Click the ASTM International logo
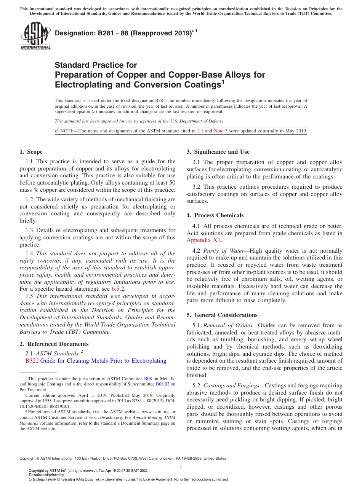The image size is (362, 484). tap(35, 37)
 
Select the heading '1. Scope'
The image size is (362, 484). tap(31, 152)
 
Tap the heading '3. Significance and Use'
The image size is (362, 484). tap(218, 152)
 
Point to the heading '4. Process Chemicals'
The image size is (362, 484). tap(215, 215)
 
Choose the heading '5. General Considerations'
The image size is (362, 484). tap(222, 315)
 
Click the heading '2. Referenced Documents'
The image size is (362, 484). tap(48, 344)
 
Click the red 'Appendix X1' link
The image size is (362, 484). tap(204, 240)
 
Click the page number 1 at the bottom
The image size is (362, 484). tap(181, 467)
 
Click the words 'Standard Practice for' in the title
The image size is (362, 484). tap(96, 65)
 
